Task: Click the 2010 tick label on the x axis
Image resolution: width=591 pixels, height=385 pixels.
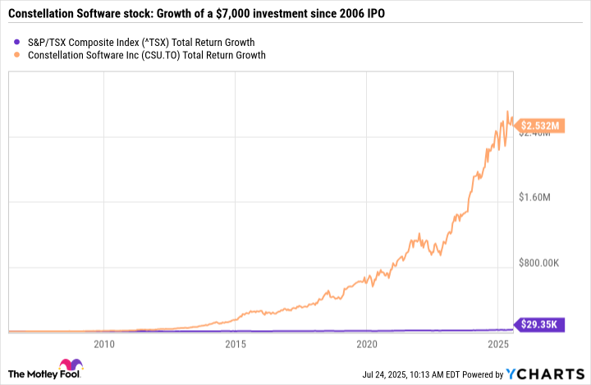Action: click(x=103, y=344)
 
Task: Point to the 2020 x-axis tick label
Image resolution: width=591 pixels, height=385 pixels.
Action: click(x=367, y=344)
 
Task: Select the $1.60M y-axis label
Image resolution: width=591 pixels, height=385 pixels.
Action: click(x=539, y=197)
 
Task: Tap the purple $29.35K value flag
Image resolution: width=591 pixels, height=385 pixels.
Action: click(x=539, y=325)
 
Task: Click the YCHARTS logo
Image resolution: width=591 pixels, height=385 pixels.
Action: click(x=550, y=374)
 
